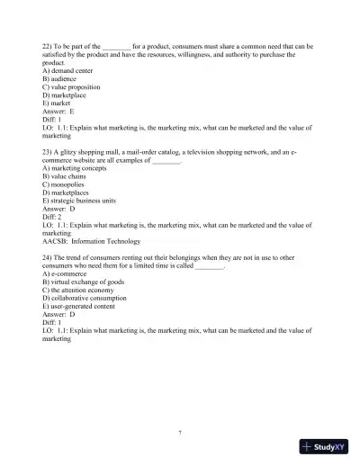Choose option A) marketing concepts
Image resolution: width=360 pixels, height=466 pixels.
click(76, 167)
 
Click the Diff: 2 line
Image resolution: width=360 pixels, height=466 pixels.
click(52, 219)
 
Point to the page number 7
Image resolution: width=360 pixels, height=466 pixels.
click(180, 433)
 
